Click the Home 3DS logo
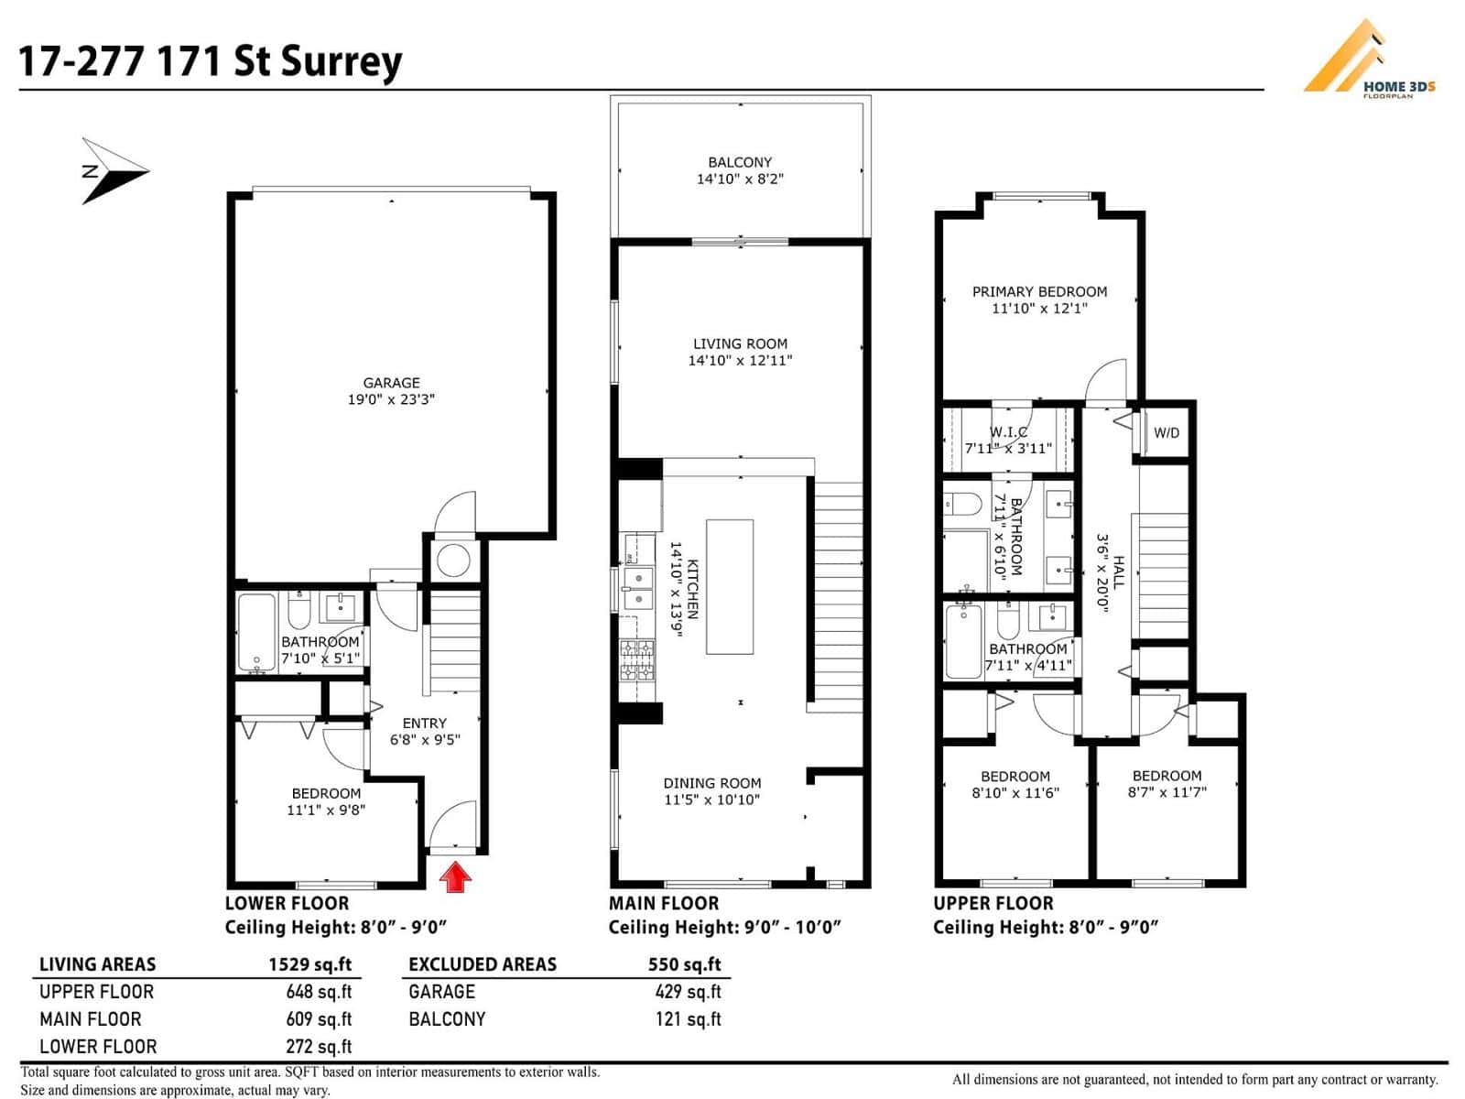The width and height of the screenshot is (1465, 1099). click(1369, 59)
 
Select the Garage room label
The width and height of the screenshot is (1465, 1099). click(391, 383)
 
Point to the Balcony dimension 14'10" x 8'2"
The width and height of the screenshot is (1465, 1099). click(740, 180)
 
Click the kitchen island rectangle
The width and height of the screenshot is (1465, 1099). click(730, 586)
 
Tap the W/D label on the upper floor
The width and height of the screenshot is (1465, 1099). click(1167, 433)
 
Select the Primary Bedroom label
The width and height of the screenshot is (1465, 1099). click(1039, 291)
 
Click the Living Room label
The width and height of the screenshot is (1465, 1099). click(740, 343)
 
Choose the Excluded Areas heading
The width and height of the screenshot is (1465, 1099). click(483, 964)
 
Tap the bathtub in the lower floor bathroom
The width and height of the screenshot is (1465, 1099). click(256, 633)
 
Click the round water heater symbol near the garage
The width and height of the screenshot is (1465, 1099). click(453, 559)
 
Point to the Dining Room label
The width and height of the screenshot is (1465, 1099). click(712, 783)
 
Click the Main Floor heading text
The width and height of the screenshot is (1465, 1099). click(664, 903)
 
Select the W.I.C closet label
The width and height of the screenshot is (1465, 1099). click(1008, 431)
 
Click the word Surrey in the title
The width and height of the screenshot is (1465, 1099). click(342, 61)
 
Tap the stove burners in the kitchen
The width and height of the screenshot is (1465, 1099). click(637, 661)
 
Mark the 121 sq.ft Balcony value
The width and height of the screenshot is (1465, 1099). click(688, 1019)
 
